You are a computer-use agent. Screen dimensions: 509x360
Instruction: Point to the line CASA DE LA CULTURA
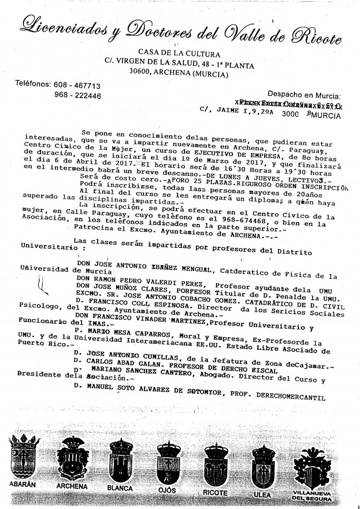(x=173, y=54)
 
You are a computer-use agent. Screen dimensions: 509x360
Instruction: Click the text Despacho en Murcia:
(x=304, y=95)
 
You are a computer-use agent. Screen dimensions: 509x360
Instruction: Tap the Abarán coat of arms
(x=22, y=459)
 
